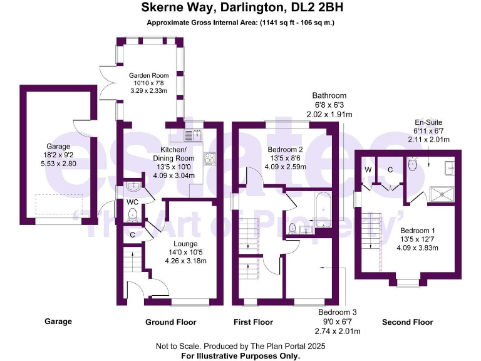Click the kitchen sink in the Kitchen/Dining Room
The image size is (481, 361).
(x=192, y=133)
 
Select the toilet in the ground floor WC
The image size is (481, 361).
(x=132, y=216)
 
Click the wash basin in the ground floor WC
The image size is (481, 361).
(x=132, y=187)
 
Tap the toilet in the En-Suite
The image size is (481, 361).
(x=411, y=165)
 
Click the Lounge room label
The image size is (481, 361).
(x=186, y=243)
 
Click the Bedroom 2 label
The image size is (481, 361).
(x=285, y=150)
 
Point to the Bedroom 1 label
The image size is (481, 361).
(x=418, y=229)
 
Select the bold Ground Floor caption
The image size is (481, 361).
(x=171, y=322)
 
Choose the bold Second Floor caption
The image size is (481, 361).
(x=407, y=322)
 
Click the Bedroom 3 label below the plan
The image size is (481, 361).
(x=336, y=312)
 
